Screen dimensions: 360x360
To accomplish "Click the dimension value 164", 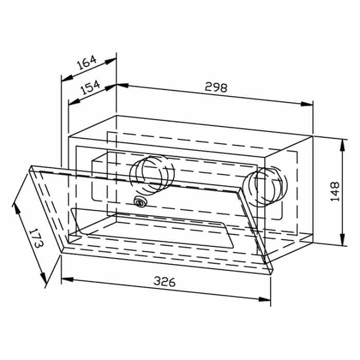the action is tap(86, 62).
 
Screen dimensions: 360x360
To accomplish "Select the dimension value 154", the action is tap(91, 87).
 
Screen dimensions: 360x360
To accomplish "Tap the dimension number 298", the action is tap(216, 87).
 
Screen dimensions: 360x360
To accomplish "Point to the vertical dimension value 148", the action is tap(335, 191).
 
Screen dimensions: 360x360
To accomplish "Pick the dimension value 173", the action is tap(36, 238).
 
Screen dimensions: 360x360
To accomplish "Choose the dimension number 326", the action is tap(165, 281).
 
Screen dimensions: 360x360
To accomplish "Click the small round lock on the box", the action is tap(140, 202).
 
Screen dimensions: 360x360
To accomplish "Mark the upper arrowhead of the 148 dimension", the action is tap(343, 145).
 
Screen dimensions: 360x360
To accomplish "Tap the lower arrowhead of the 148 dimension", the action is tap(343, 240).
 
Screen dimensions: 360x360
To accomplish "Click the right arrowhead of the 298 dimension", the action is tap(307, 104).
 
